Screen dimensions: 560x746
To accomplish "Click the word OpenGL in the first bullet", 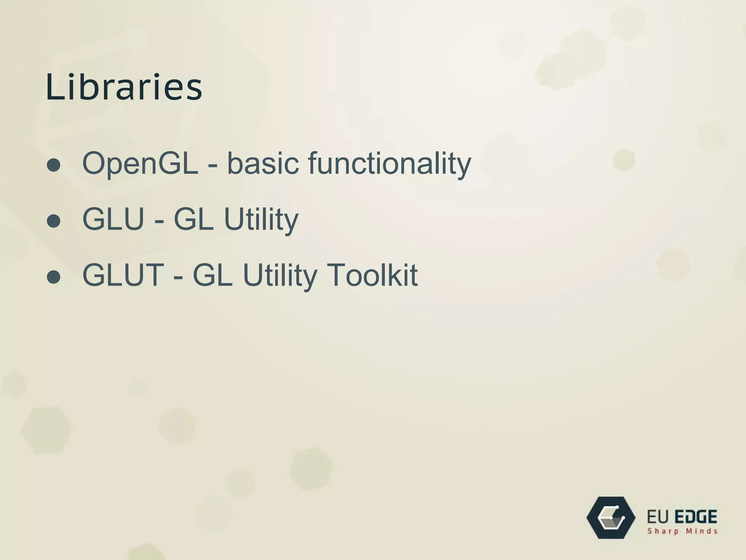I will coord(140,164).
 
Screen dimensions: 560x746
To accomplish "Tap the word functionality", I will coord(389,164).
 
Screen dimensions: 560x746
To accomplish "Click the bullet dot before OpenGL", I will coord(54,165).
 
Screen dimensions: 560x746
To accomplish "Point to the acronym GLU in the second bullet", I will coord(113,219).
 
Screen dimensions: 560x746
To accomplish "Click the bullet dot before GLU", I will coord(54,221).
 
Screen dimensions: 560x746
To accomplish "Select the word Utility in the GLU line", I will coord(261,220).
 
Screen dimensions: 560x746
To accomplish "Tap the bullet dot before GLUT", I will coord(54,277).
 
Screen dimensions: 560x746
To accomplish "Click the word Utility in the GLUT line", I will coord(280,276).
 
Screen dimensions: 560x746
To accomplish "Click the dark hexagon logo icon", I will coord(611,517).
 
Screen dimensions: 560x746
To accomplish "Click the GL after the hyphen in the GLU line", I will coord(193,219).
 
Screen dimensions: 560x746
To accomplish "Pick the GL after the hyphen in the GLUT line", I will coord(212,275).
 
